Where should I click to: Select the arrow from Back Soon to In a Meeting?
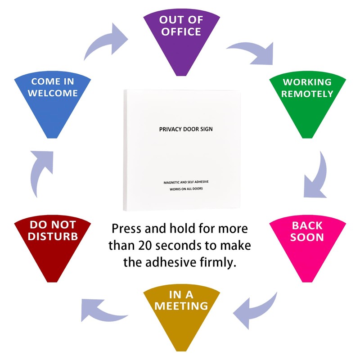click(x=252, y=306)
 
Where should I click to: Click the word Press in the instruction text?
click(x=128, y=229)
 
